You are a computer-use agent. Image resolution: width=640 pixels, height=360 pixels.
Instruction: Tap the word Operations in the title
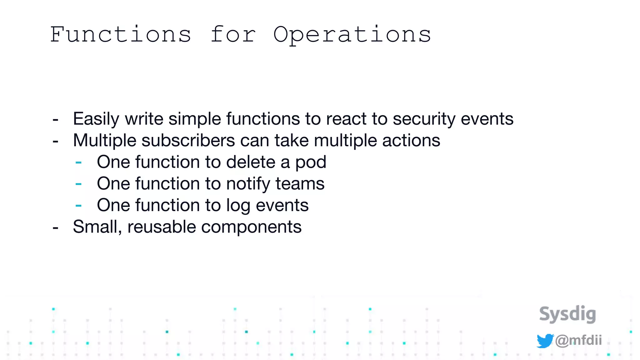(x=352, y=35)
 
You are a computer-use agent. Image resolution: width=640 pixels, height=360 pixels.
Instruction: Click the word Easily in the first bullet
(x=96, y=119)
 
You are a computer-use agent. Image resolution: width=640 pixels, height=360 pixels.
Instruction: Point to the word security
(x=424, y=119)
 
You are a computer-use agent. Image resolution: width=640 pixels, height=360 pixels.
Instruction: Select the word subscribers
(x=188, y=140)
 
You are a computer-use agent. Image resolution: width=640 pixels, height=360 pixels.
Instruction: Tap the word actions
(x=411, y=140)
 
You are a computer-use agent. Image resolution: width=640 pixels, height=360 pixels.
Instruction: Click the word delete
(x=251, y=162)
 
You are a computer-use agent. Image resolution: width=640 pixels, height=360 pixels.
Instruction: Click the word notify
(x=248, y=184)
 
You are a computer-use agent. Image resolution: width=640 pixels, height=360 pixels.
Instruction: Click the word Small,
(x=97, y=227)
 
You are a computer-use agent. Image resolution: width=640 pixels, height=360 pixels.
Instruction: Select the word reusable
(x=162, y=227)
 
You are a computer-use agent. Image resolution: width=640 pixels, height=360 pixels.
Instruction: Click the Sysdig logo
(x=567, y=314)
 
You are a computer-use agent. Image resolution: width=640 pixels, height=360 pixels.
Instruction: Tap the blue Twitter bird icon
(x=545, y=341)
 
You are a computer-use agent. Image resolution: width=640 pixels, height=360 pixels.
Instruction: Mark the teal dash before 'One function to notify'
(x=78, y=184)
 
